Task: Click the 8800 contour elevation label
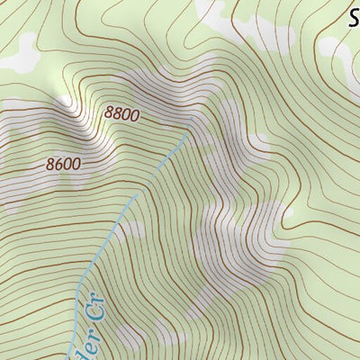[121, 114]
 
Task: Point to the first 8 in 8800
[108, 112]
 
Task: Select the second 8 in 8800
[117, 114]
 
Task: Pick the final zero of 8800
[135, 116]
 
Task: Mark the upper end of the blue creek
[189, 134]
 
